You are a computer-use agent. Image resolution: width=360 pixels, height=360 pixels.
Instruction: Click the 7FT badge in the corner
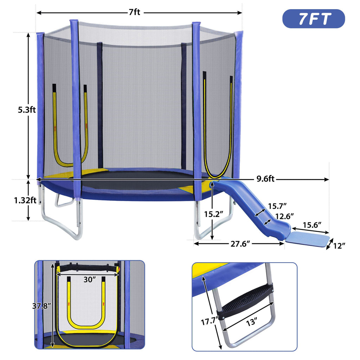coord(313,19)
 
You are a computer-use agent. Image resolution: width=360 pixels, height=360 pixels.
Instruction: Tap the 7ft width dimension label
coord(135,12)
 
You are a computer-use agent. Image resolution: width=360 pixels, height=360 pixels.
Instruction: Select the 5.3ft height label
coord(27,110)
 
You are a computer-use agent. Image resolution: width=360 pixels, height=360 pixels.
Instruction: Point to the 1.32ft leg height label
coord(25,200)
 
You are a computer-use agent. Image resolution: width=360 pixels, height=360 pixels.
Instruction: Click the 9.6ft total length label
coord(265,179)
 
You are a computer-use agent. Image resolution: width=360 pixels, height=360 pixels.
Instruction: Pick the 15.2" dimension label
coord(213,214)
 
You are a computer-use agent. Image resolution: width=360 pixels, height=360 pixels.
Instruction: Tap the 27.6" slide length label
coord(240,244)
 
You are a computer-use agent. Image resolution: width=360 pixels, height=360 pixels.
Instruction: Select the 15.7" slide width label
coord(277,206)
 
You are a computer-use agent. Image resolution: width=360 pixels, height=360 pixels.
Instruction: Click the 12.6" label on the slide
coord(284,216)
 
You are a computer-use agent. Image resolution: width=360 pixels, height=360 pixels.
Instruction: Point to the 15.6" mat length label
coord(312,225)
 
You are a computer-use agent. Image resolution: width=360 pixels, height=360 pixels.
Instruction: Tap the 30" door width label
coord(89,279)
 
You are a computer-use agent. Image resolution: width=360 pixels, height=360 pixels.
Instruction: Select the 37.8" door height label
coord(41,306)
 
